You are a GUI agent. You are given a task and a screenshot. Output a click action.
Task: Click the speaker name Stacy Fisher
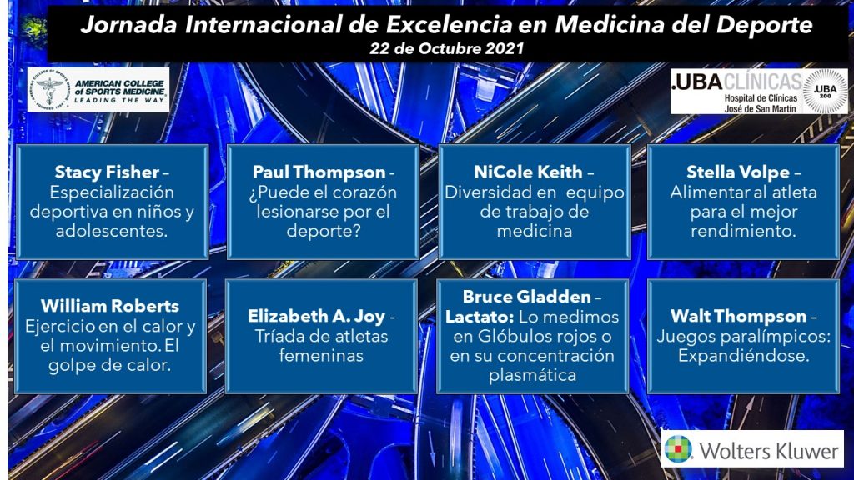pyautogui.click(x=107, y=172)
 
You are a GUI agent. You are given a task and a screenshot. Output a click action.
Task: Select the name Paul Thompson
pyautogui.click(x=319, y=172)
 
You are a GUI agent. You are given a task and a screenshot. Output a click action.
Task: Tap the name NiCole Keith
pyautogui.click(x=528, y=172)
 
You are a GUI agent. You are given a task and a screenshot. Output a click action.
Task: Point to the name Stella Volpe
pyautogui.click(x=737, y=172)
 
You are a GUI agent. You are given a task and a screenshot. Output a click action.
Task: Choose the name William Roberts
pyautogui.click(x=110, y=306)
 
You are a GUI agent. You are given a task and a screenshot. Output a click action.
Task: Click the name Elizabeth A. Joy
pyautogui.click(x=316, y=316)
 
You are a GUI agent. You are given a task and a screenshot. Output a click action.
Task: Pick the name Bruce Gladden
pyautogui.click(x=527, y=297)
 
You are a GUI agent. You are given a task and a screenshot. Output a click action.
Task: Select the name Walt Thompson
pyautogui.click(x=738, y=316)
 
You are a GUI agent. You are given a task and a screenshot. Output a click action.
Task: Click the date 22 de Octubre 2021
pyautogui.click(x=447, y=48)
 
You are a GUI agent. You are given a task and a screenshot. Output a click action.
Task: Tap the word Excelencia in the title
pyautogui.click(x=450, y=24)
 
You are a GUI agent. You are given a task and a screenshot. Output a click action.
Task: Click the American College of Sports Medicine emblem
pyautogui.click(x=49, y=90)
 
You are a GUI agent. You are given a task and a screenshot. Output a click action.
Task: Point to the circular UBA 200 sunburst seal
pyautogui.click(x=825, y=91)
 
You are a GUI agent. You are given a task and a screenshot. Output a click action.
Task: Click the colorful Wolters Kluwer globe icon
pyautogui.click(x=678, y=449)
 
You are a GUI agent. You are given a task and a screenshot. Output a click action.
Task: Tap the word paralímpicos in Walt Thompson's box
pyautogui.click(x=778, y=337)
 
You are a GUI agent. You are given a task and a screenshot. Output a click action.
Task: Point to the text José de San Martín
pyautogui.click(x=761, y=109)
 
